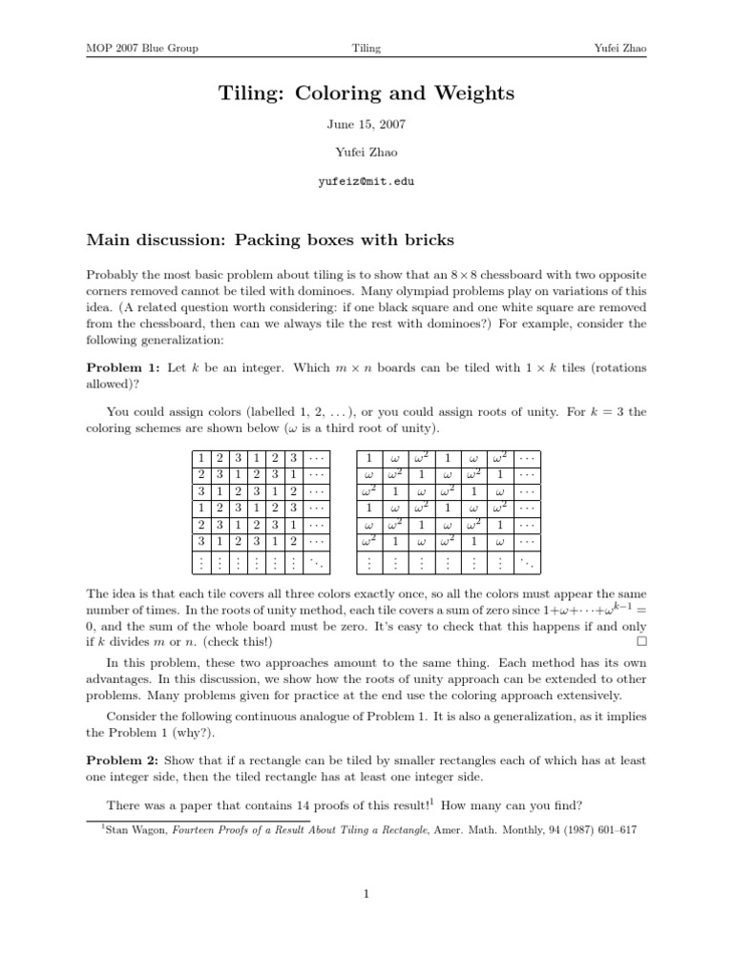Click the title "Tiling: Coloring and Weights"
[366, 93]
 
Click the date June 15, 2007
[366, 124]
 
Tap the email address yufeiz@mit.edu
[366, 180]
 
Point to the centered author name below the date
[366, 151]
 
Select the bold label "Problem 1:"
[123, 366]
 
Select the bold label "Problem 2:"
[123, 760]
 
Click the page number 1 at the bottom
[366, 894]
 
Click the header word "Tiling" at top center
[366, 48]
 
